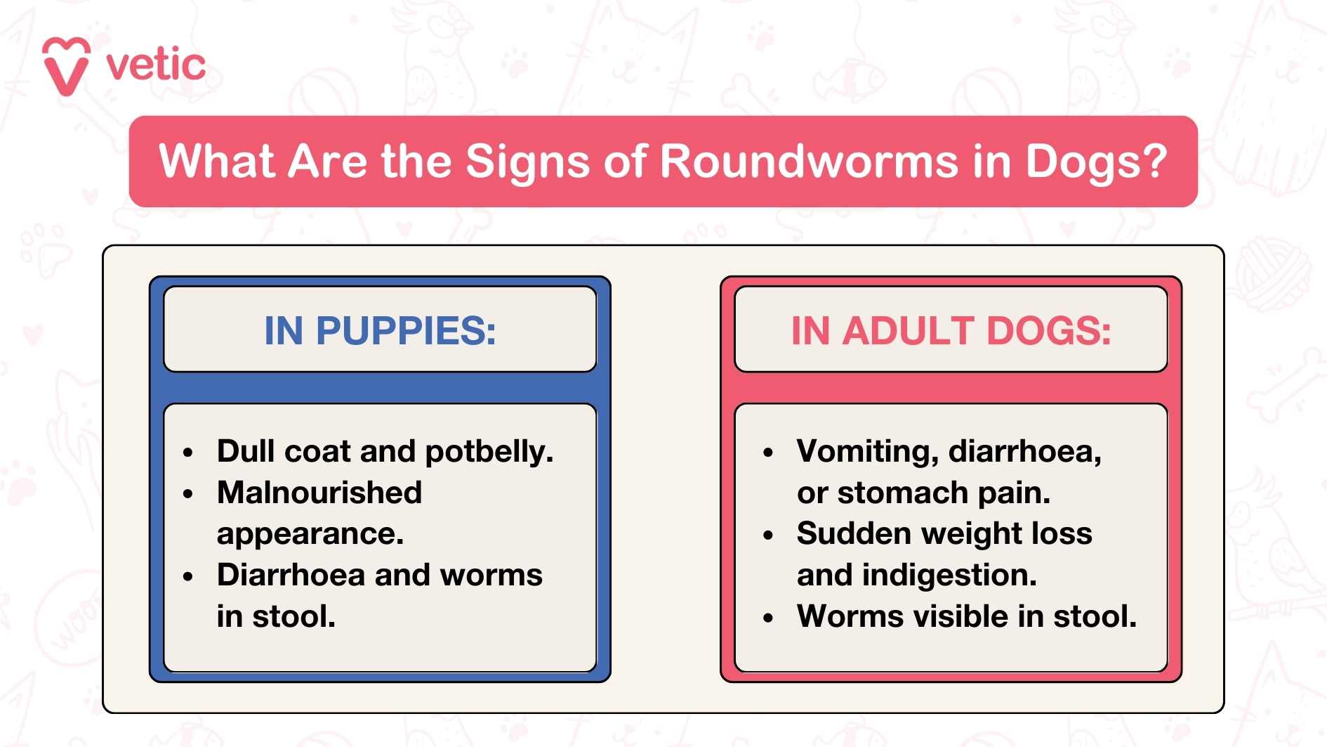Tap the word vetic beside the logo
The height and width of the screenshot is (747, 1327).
pos(156,65)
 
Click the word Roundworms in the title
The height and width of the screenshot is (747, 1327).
pos(809,161)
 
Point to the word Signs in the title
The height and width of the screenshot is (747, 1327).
pos(527,162)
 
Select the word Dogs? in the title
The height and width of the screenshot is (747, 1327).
pos(1096,162)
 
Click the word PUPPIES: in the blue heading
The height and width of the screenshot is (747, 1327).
pos(406,330)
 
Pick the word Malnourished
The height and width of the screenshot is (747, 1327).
pos(319,493)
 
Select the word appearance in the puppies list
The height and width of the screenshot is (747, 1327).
pos(309,535)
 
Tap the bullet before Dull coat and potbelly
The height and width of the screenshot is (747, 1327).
pos(187,453)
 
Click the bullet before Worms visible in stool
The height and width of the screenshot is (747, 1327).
pos(767,618)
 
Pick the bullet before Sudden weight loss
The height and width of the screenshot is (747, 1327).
pos(767,535)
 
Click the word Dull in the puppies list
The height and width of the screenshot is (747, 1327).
pos(245,451)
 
